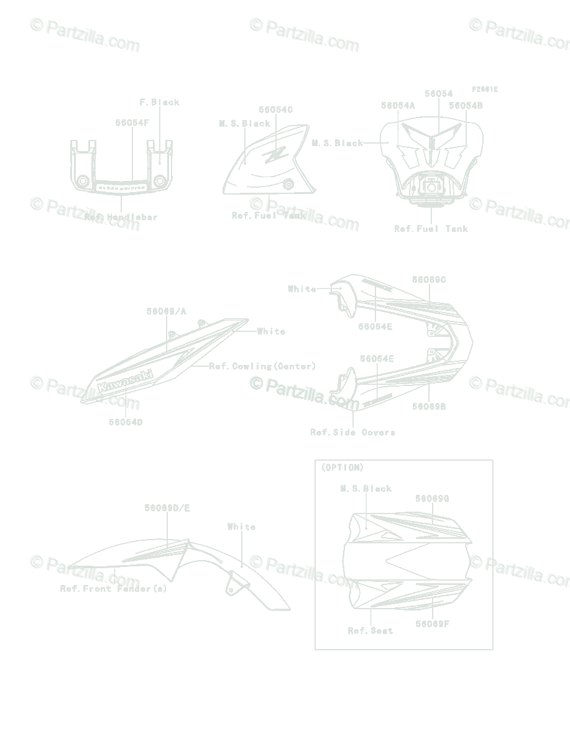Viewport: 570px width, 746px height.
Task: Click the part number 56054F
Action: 132,122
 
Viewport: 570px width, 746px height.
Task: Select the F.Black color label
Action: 159,102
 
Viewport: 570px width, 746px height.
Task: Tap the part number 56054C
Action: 276,109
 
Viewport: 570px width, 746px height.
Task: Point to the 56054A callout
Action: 398,106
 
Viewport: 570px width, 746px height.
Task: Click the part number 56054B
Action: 466,106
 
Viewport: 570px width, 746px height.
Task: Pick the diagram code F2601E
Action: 484,90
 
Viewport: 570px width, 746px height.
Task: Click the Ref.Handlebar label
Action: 121,217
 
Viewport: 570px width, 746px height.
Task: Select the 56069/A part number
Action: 166,311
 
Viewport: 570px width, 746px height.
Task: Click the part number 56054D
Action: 126,421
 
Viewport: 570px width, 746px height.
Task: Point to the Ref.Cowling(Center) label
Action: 262,366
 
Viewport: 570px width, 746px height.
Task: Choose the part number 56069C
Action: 429,280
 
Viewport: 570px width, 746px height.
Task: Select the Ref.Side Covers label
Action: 352,431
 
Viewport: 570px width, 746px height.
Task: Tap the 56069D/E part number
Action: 167,508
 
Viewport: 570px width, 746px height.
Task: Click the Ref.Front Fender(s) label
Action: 113,588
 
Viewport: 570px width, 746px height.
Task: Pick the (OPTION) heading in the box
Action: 342,467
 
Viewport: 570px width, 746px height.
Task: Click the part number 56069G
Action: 432,499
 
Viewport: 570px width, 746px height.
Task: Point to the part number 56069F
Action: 432,623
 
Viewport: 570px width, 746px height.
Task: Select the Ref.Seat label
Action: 370,630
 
